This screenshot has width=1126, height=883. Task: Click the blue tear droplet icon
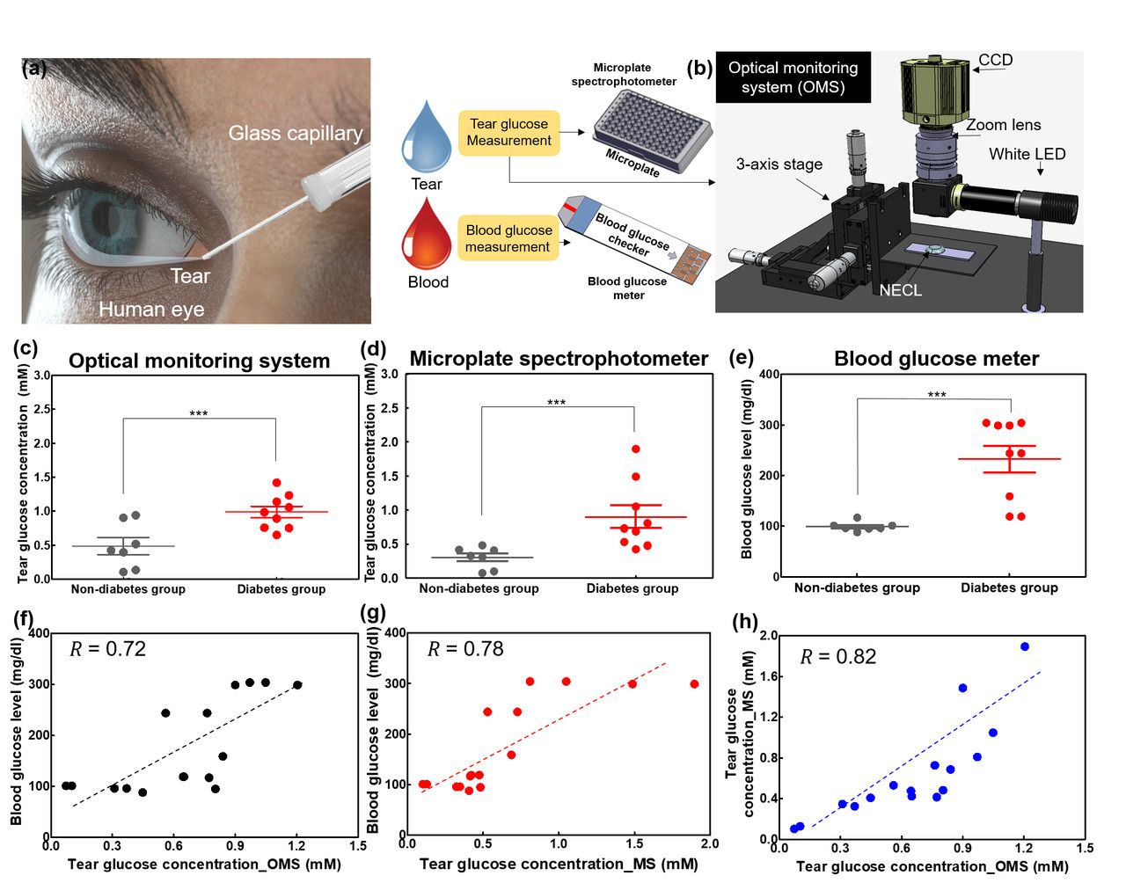tap(426, 141)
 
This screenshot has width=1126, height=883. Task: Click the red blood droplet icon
tap(427, 237)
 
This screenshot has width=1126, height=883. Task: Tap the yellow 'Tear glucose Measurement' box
tap(508, 133)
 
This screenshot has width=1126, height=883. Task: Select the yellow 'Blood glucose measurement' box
tap(508, 238)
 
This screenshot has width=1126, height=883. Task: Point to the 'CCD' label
tap(996, 61)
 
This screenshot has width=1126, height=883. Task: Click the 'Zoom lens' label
tap(1003, 125)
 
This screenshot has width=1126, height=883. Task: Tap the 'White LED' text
tap(1027, 154)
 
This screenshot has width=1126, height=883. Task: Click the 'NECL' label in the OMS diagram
tap(900, 290)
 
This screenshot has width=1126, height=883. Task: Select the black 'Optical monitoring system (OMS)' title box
tap(793, 77)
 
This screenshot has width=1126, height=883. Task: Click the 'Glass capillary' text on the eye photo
tap(295, 134)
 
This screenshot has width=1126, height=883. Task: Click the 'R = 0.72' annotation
tap(107, 649)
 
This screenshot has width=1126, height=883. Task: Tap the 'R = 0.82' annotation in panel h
tap(838, 657)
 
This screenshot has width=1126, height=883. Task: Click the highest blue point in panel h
tap(1024, 646)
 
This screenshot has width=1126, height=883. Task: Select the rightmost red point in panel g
tap(694, 683)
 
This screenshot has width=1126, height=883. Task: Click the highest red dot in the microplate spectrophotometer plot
tap(635, 449)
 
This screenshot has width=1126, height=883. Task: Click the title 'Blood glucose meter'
tap(936, 359)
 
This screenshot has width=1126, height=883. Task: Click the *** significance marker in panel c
tap(199, 413)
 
